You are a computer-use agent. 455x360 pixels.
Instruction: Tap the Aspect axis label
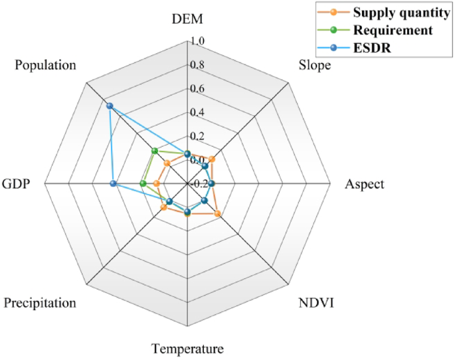364,184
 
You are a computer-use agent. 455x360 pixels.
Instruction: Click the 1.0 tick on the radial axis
197,41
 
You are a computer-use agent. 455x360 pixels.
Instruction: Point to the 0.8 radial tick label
197,65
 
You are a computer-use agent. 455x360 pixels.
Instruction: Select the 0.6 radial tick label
197,89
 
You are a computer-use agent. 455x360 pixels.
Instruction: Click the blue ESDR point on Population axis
110,106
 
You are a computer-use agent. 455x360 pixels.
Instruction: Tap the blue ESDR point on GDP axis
114,184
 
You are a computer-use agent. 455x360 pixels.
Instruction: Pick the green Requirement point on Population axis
154,151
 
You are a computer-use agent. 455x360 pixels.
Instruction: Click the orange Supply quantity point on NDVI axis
217,214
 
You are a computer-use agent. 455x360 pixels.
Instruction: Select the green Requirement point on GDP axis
143,184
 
